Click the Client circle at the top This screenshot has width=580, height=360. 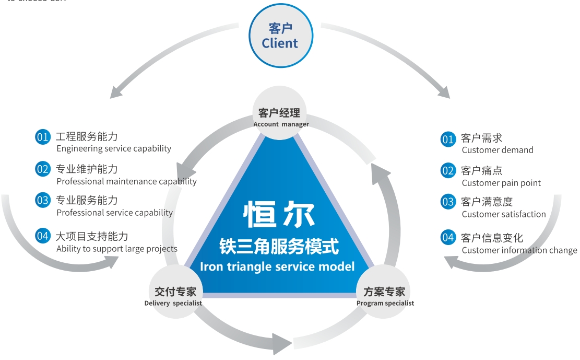pos(280,36)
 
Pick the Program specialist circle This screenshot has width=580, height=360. pos(385,295)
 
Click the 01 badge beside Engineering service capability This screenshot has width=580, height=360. pos(42,137)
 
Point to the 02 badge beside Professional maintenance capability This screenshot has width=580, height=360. pos(42,169)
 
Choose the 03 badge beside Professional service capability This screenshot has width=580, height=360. pos(42,200)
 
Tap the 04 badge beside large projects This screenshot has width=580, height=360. pos(42,236)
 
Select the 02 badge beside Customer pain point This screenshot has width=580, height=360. pos(448,171)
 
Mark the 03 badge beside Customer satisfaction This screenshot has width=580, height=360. pos(448,202)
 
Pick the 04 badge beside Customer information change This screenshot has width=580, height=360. pos(448,238)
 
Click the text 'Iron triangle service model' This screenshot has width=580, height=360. pos(277,266)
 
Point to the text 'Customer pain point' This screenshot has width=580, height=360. pos(501,183)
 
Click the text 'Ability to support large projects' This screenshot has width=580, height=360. pos(117,249)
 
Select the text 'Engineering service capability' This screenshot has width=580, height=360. pos(114,148)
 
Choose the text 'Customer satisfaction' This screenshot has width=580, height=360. pos(504,214)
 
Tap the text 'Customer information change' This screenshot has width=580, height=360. pos(519,250)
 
